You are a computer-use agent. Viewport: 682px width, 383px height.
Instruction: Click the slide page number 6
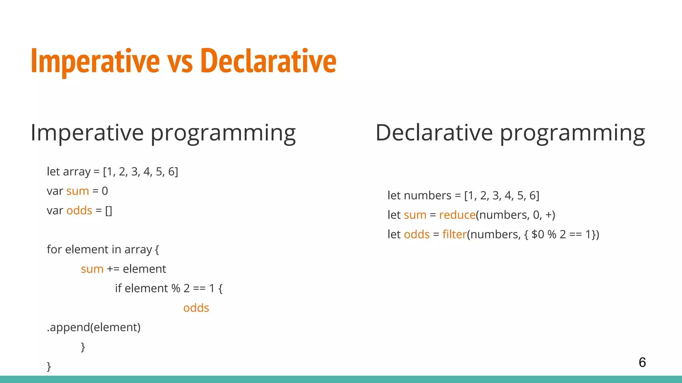(642, 362)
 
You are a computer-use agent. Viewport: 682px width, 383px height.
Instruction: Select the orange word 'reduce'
(457, 215)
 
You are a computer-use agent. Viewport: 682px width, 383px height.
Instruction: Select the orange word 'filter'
(454, 235)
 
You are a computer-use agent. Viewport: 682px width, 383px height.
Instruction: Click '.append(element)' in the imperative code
(94, 327)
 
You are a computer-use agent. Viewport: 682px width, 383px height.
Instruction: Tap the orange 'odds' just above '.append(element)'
(196, 308)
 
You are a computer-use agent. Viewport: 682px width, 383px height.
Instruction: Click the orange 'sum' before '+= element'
(92, 269)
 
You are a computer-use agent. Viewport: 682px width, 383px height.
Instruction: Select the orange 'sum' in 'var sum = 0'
(78, 191)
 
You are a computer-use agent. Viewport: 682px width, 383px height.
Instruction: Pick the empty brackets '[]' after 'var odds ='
(109, 211)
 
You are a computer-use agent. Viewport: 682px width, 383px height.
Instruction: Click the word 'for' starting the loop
(54, 249)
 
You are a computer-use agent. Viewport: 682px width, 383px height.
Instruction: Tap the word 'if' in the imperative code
(118, 288)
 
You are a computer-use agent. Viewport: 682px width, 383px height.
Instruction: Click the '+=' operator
(113, 269)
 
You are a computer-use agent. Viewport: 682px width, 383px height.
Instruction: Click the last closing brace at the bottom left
(49, 366)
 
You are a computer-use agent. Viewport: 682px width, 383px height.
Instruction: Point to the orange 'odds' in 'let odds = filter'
(417, 235)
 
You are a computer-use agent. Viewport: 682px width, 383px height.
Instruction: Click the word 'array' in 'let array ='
(77, 172)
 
